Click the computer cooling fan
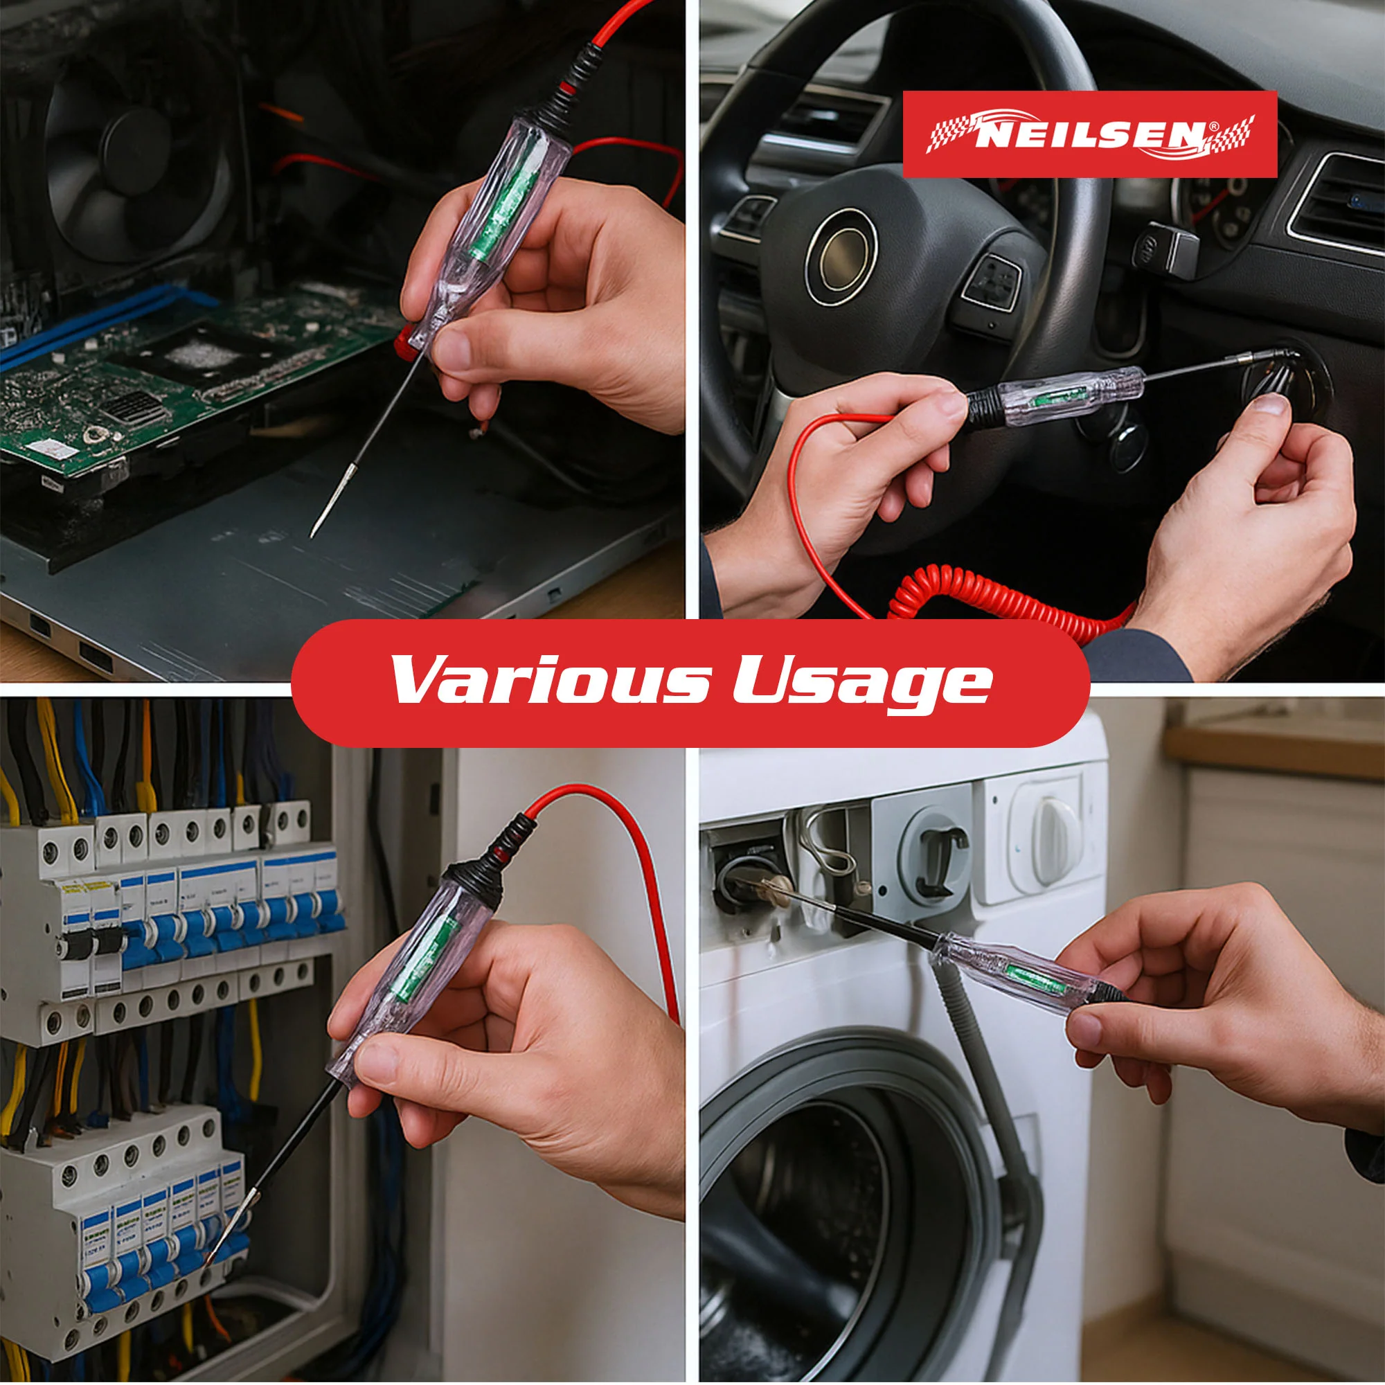point(136,154)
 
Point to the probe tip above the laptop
point(313,533)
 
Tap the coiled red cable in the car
point(1003,599)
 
